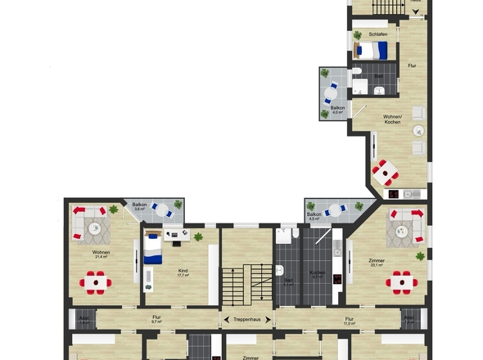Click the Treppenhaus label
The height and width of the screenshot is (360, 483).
click(x=246, y=318)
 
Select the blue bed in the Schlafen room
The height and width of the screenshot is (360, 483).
click(x=372, y=51)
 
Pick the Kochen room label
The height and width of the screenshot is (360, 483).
click(x=317, y=272)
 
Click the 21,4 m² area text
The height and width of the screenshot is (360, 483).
click(x=102, y=257)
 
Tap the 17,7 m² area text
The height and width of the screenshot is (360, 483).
click(x=183, y=276)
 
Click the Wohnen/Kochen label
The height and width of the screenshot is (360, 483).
click(x=392, y=119)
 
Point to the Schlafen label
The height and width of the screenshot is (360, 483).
click(x=377, y=34)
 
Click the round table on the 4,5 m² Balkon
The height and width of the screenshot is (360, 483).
click(x=332, y=210)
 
